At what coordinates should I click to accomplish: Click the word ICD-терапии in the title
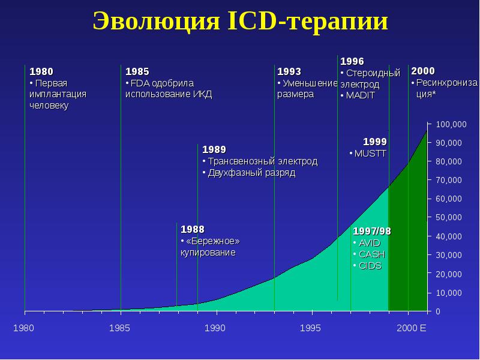(308, 21)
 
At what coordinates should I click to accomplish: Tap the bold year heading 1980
(41, 71)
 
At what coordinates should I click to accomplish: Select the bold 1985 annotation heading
(137, 71)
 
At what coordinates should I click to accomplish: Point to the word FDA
(140, 83)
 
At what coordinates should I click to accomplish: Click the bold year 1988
(193, 229)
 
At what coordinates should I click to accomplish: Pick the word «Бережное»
(213, 241)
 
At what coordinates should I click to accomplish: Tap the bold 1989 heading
(214, 149)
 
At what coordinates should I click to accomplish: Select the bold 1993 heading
(289, 71)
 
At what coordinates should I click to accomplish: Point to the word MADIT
(361, 95)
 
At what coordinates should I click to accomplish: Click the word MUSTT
(370, 154)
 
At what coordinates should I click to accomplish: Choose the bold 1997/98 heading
(372, 231)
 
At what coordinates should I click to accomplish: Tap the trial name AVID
(370, 243)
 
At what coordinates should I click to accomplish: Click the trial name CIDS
(370, 266)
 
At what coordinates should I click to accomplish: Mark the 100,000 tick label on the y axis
(451, 124)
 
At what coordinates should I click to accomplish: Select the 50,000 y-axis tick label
(449, 217)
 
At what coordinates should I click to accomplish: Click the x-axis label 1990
(215, 328)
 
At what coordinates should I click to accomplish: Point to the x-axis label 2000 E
(412, 328)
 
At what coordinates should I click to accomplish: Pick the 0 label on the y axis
(438, 311)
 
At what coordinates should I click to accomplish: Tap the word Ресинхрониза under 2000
(446, 83)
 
